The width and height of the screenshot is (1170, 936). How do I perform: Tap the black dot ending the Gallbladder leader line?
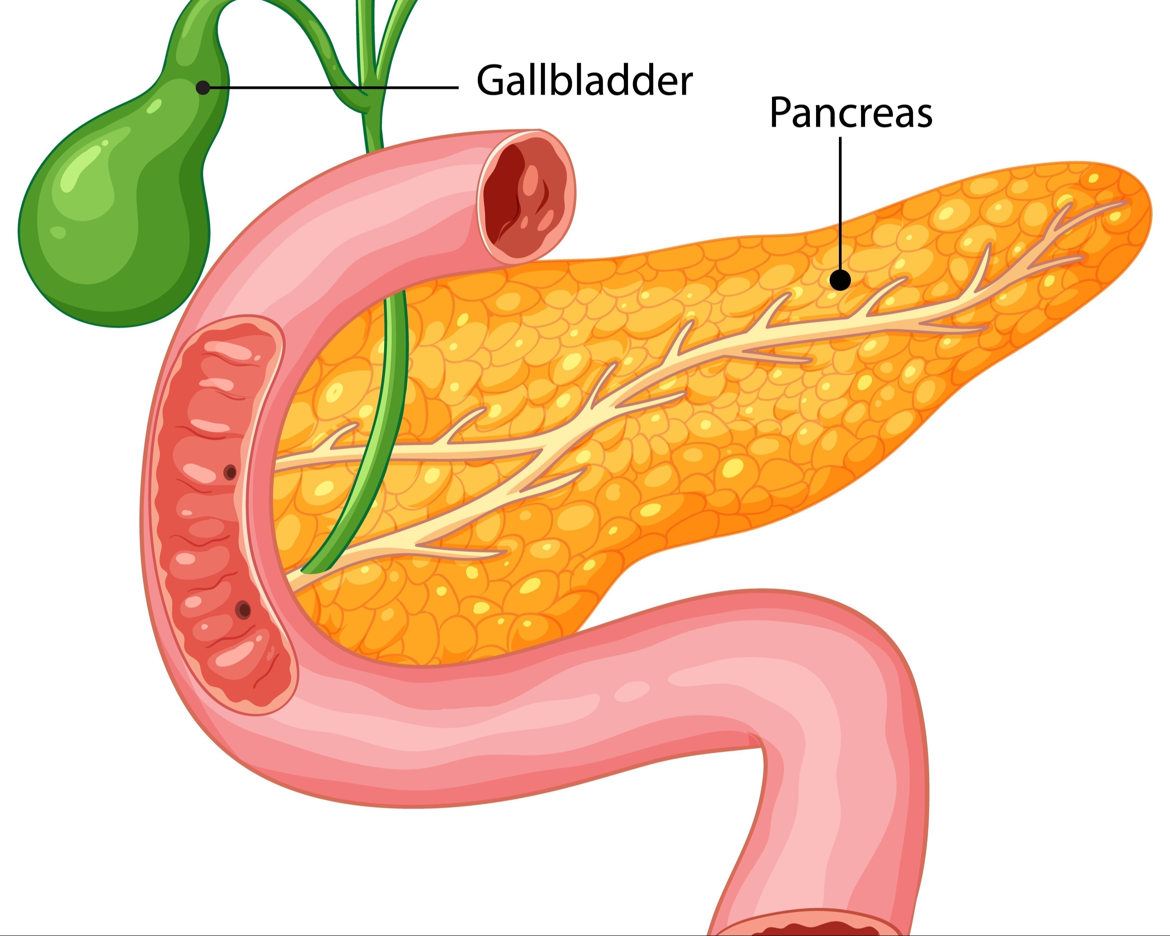coord(203,87)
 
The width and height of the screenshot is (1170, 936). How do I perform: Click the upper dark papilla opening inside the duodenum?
coord(230,473)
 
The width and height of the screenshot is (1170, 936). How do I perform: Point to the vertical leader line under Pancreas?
coord(841,203)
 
